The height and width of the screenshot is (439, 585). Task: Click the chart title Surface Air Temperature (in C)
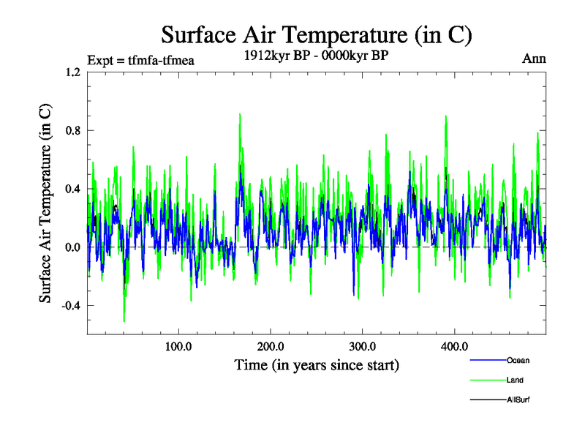[317, 35]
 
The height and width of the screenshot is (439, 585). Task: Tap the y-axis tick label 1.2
[72, 72]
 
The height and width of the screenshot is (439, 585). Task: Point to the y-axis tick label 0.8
[72, 131]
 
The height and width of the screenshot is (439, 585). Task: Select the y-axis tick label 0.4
[72, 190]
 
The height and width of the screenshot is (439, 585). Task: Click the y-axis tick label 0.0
[72, 247]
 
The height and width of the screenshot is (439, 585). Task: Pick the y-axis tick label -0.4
[71, 306]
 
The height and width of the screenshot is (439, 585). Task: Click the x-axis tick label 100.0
[178, 346]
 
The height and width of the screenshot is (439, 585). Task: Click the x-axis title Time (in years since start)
[317, 364]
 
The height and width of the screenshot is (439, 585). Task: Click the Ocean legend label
[518, 360]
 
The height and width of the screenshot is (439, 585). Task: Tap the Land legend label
[515, 380]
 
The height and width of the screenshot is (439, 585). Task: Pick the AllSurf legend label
[518, 400]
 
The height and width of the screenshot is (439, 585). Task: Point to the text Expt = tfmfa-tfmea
[140, 61]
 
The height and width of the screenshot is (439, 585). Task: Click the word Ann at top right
[534, 59]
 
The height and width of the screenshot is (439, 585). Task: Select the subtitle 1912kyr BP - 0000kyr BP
[316, 54]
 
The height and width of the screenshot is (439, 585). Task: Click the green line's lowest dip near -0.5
[124, 320]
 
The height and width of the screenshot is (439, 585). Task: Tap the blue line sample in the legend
[486, 360]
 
